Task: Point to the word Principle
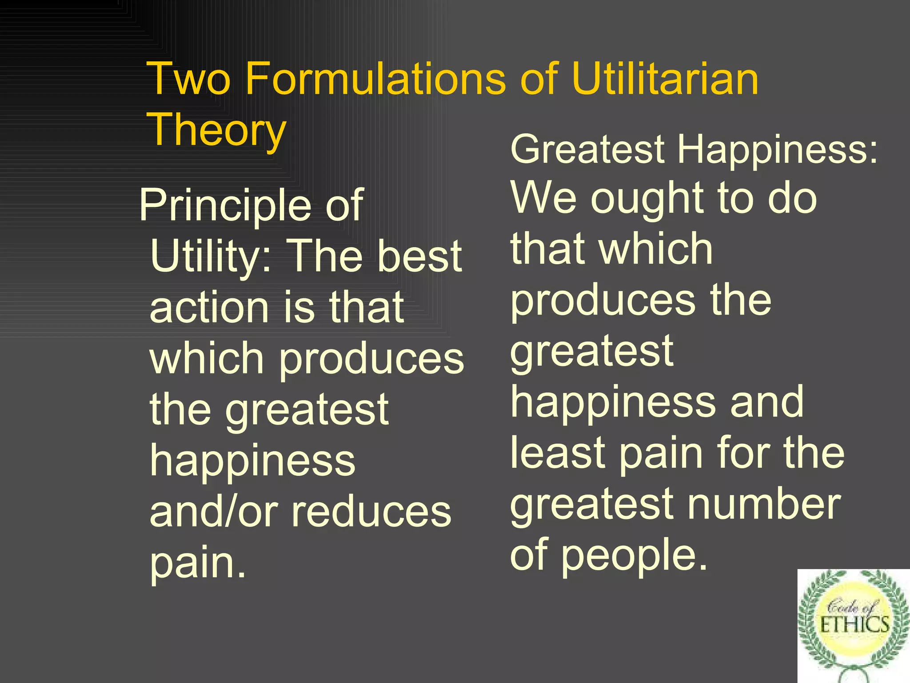pos(225,205)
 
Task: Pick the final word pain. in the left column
pos(198,563)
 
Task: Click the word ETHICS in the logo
pos(854,625)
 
